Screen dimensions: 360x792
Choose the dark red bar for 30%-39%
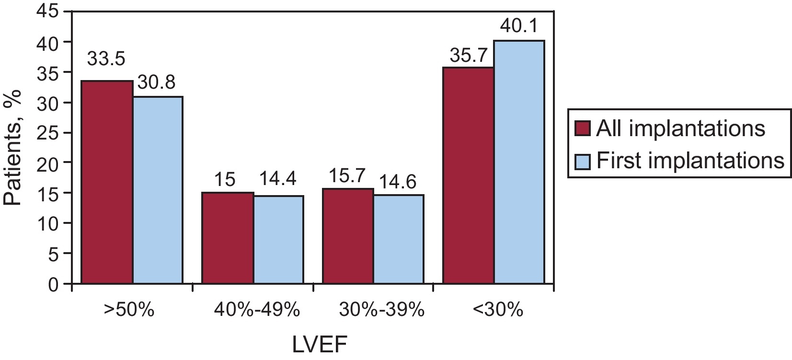pos(348,236)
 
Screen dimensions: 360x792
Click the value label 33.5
pos(106,59)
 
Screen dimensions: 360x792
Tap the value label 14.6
pos(398,182)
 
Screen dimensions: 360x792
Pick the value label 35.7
pos(468,57)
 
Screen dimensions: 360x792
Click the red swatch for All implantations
pos(583,129)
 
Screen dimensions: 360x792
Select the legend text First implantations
pos(690,161)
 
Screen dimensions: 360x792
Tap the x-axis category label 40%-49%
pos(257,310)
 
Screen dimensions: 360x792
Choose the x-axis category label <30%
pos(498,310)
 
